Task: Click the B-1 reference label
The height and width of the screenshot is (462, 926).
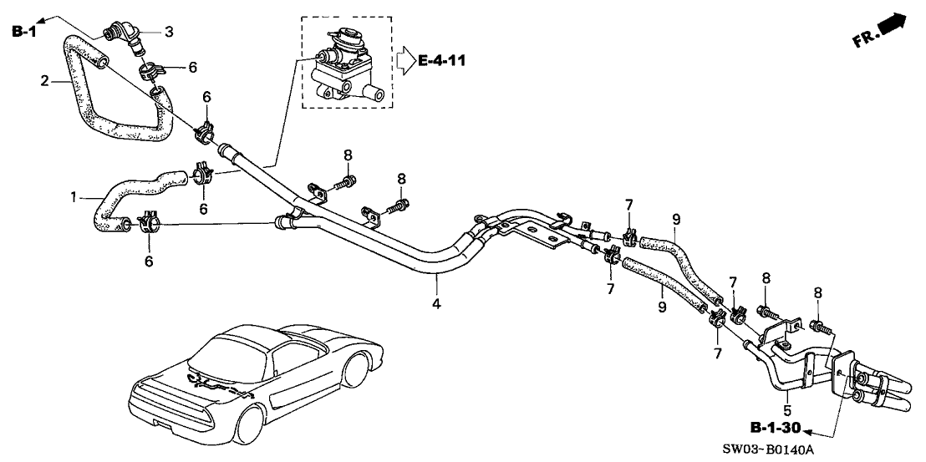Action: (x=24, y=32)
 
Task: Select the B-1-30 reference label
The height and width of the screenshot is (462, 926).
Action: (x=774, y=429)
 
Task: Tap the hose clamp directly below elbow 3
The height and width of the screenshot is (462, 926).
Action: (x=149, y=68)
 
